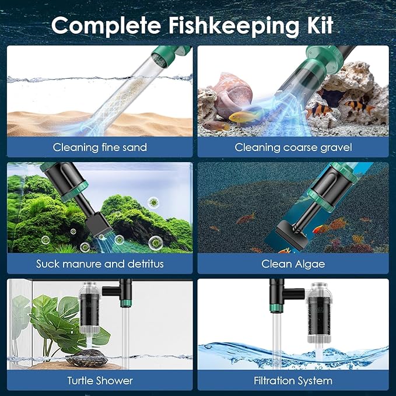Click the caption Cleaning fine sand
(x=100, y=148)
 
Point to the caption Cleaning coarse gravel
(x=293, y=148)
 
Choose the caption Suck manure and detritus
(x=100, y=264)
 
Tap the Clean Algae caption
(x=293, y=264)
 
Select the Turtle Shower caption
(x=100, y=381)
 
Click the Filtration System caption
(x=293, y=381)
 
